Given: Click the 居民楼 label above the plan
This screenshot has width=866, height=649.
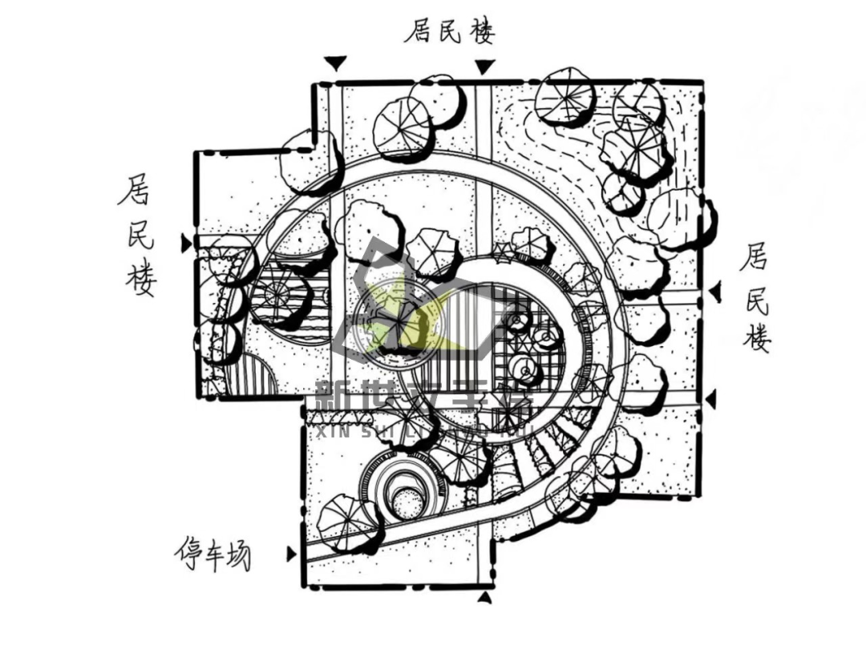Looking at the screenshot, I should (x=449, y=33).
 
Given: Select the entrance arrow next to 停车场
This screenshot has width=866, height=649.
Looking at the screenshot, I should (x=291, y=554).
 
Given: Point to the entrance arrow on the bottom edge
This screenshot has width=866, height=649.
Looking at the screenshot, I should (x=484, y=597).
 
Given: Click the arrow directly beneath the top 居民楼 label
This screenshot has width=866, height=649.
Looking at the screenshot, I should (x=484, y=67).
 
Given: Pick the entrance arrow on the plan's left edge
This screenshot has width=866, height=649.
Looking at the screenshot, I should (x=187, y=241).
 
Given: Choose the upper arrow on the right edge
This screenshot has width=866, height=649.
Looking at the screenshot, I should (x=715, y=292).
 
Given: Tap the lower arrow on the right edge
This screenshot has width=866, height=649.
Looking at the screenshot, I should (x=710, y=398).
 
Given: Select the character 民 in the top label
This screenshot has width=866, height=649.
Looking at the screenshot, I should (x=449, y=33).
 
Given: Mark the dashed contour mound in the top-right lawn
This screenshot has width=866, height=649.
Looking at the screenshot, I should (x=553, y=152).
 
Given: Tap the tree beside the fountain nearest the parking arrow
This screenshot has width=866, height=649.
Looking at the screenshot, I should (x=343, y=521).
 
